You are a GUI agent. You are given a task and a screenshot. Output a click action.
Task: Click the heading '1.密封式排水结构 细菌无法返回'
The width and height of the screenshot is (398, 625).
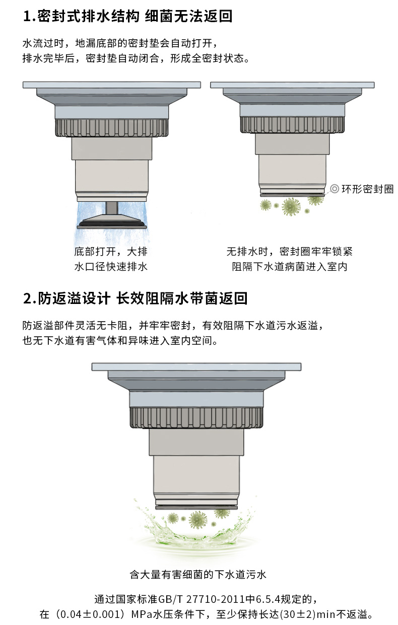[x=127, y=16]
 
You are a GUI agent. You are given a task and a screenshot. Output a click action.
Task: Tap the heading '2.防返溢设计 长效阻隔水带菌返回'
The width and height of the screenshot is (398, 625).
[x=135, y=298]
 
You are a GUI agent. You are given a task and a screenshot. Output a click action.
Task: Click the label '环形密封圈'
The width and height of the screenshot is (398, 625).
[x=367, y=189]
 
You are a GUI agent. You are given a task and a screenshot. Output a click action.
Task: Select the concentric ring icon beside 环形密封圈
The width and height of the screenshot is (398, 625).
[x=335, y=189]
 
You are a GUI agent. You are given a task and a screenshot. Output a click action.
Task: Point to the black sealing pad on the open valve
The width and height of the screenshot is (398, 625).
[x=112, y=223]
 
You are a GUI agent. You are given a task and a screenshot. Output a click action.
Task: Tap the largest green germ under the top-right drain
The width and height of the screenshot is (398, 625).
[x=291, y=206]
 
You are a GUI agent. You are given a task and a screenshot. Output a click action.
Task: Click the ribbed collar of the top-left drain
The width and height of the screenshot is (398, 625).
[x=112, y=128]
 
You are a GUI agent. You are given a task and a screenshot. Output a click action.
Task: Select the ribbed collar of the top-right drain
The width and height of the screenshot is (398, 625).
[x=292, y=125]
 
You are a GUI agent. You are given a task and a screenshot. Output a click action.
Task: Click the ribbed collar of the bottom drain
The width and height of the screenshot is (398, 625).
[x=196, y=417]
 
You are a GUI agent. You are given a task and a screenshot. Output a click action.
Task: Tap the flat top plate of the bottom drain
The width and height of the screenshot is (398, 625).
[x=196, y=367]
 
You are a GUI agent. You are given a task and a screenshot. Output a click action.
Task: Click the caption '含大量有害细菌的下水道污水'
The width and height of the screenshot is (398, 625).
[x=198, y=575]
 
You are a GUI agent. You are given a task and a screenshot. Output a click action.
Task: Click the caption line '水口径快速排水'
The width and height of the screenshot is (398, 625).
[x=111, y=267]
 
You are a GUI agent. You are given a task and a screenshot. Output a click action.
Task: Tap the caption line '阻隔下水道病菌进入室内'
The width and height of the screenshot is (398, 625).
[x=290, y=267]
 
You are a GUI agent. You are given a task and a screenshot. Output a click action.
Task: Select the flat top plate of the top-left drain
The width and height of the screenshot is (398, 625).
[x=112, y=85]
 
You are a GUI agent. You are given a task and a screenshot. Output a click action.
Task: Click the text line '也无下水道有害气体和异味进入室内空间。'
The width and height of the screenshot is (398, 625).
[x=120, y=340]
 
